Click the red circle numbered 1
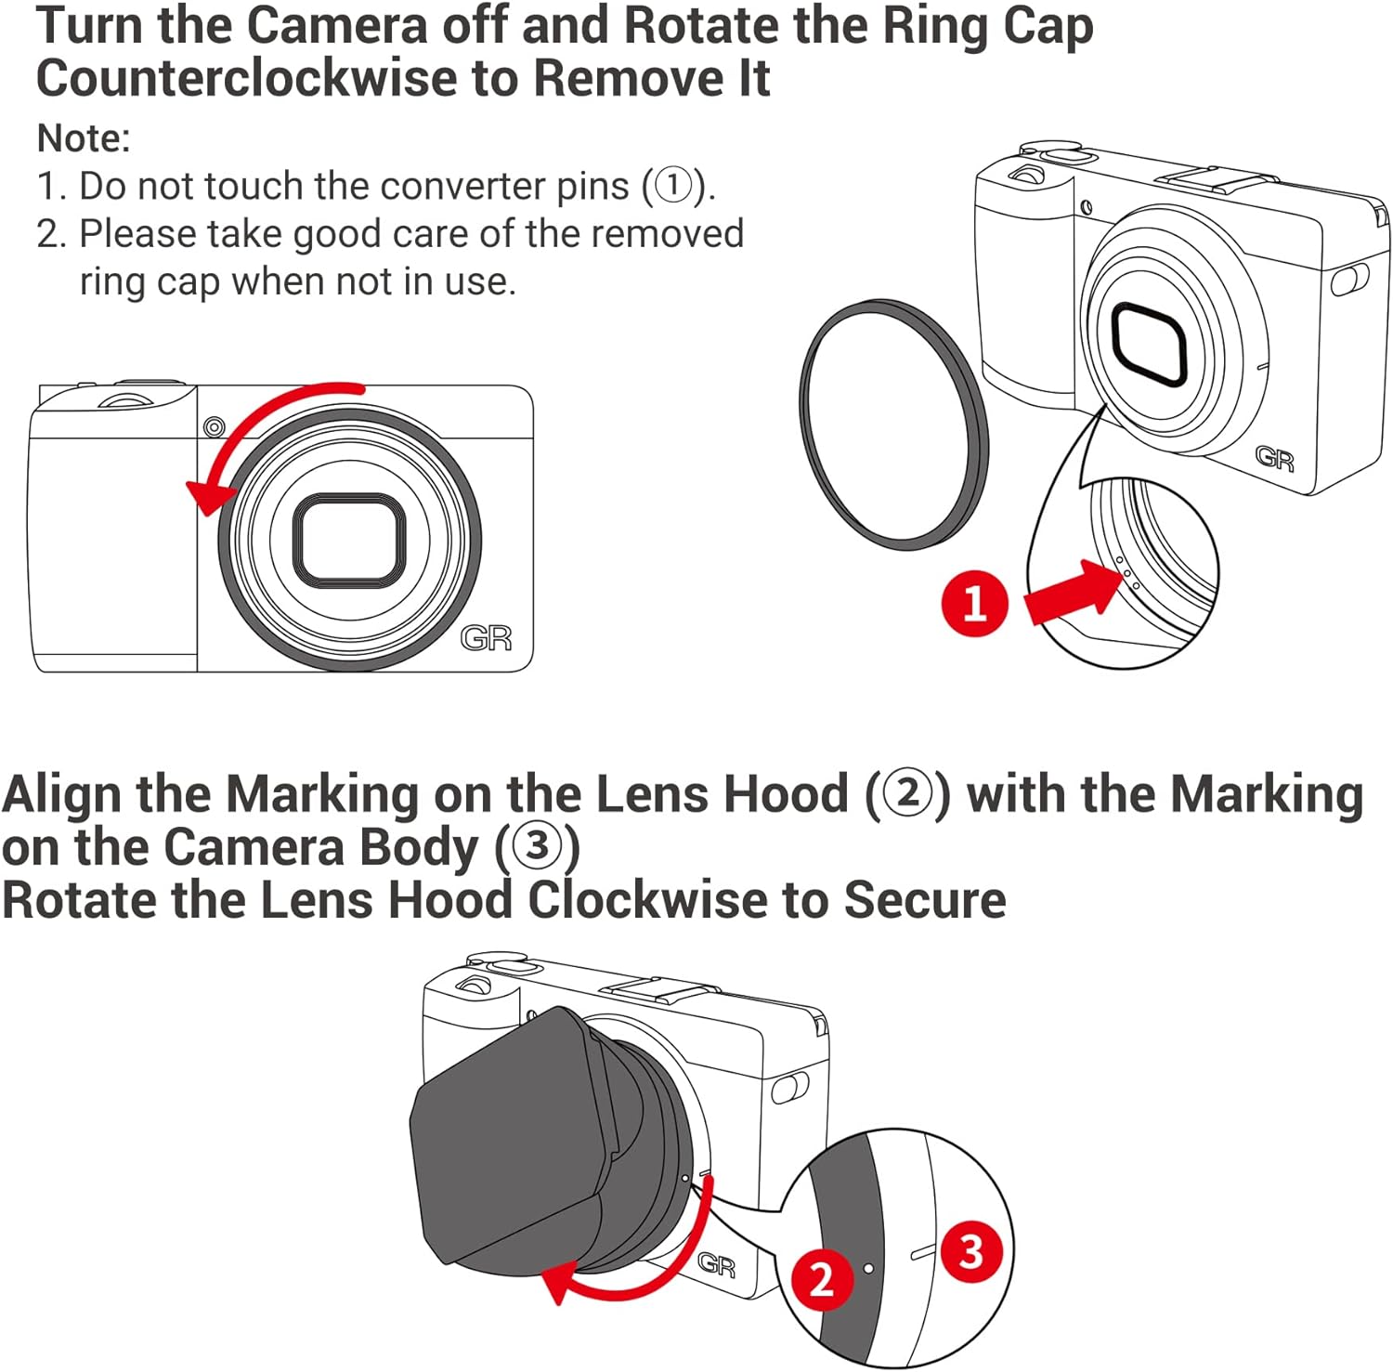point(974,603)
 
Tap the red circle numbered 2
point(821,1279)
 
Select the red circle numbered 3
point(971,1251)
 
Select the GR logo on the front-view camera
point(486,638)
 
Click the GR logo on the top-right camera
point(1274,457)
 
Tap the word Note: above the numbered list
point(84,137)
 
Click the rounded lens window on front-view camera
point(349,540)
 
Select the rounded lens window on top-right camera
point(1149,343)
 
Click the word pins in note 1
point(592,187)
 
